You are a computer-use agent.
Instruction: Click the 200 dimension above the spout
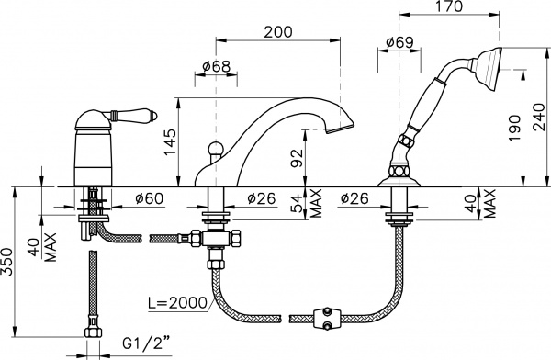278,32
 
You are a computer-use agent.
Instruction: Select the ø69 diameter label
399,42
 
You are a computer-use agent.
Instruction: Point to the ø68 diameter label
217,66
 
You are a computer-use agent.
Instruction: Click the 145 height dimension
170,142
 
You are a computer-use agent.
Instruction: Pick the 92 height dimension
297,159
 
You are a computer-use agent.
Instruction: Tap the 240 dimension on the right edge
539,118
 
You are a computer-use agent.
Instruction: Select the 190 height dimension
515,128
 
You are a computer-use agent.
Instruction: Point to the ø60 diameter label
150,198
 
